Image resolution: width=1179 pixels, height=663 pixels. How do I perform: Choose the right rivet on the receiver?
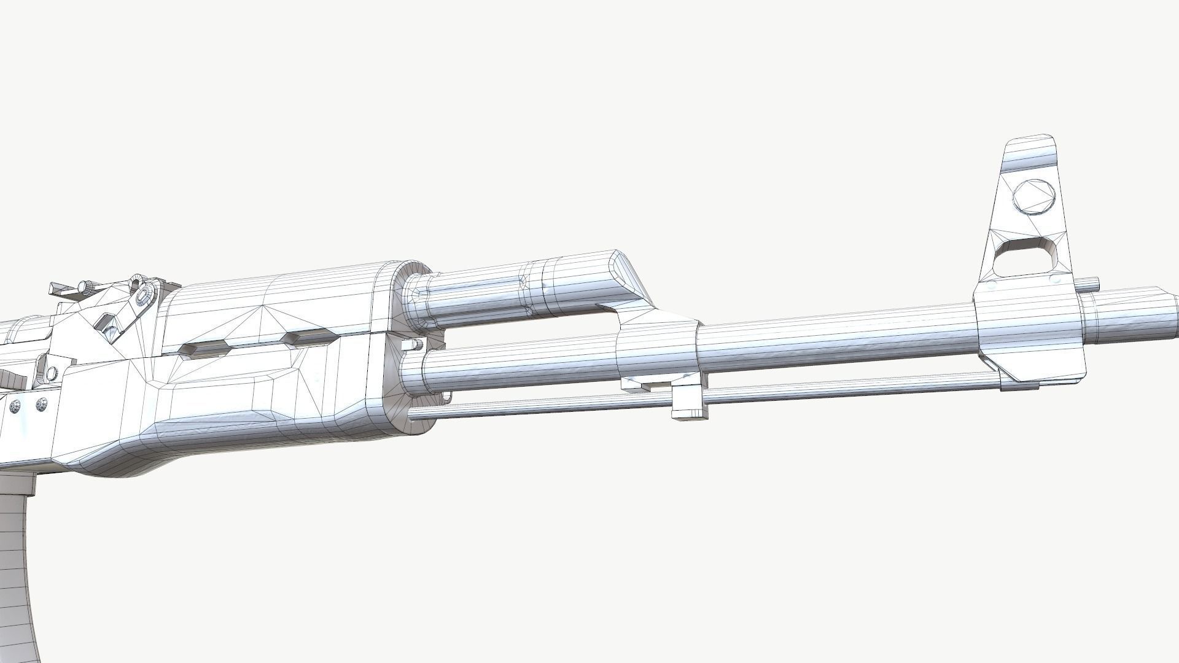(42, 403)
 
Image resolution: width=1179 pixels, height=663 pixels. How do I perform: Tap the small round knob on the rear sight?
(84, 286)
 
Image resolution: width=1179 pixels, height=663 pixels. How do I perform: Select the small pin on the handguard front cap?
(410, 346)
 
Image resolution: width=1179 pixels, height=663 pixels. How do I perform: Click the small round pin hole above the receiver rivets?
(52, 372)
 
